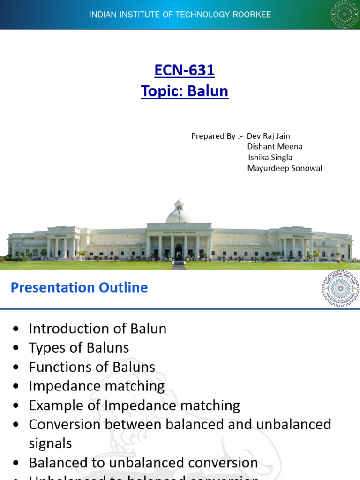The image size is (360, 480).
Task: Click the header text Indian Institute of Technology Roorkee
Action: pos(180,15)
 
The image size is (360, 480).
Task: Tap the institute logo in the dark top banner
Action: pos(345,15)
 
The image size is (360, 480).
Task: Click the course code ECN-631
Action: pos(184,70)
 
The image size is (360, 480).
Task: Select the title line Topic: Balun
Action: pos(184,90)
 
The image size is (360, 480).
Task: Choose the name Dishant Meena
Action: pos(275,147)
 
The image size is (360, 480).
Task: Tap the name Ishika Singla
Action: pos(270,157)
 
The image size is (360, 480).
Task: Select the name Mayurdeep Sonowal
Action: pos(285,168)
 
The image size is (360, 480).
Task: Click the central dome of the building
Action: pos(179,214)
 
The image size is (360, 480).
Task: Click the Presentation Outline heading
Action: pos(79,287)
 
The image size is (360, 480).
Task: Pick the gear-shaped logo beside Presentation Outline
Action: pos(340,288)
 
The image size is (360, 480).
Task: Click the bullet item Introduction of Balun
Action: pos(97,329)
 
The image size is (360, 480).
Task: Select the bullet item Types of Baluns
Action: pos(79,348)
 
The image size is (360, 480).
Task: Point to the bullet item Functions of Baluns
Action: pos(92,367)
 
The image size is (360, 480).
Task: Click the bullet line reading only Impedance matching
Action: pos(97,386)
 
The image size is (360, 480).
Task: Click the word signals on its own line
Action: pos(51,443)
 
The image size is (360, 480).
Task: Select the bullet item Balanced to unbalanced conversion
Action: pos(143,463)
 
